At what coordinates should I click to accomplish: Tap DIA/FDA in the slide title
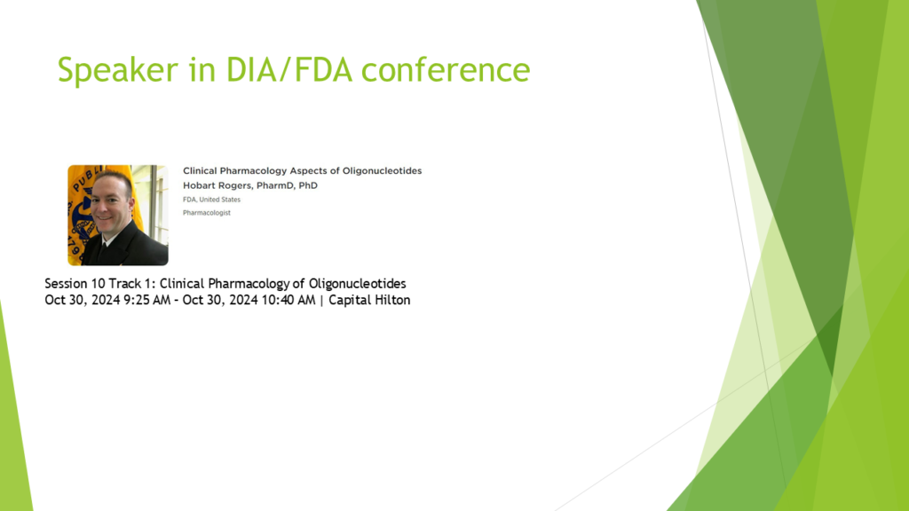click(289, 69)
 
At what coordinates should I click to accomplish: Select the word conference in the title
click(446, 69)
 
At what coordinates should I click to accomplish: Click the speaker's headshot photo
click(118, 215)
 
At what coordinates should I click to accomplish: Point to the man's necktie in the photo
click(103, 251)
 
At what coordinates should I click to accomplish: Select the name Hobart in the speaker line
click(199, 185)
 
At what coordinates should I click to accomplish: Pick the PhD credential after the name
click(308, 185)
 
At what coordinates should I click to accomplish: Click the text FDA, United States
click(211, 200)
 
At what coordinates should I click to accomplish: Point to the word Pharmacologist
click(206, 213)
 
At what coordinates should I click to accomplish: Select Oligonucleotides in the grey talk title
click(382, 171)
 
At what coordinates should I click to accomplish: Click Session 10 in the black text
click(75, 283)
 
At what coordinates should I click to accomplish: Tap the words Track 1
click(133, 283)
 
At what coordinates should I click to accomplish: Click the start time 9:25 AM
click(146, 300)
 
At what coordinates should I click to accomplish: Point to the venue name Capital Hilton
click(369, 300)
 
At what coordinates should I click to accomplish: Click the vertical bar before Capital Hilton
click(321, 301)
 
